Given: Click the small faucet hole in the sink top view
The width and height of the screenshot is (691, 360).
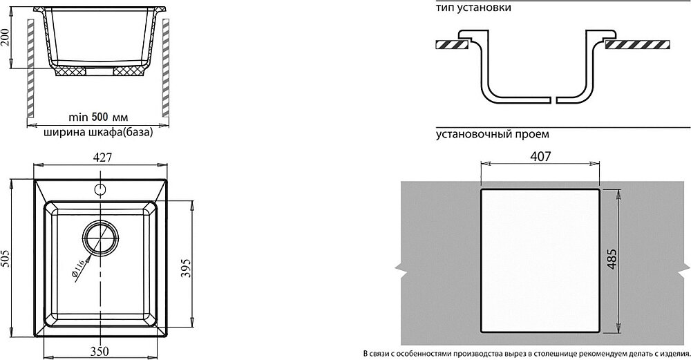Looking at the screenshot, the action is [99, 188].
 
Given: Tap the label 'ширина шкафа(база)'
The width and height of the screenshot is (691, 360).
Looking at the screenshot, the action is [97, 133].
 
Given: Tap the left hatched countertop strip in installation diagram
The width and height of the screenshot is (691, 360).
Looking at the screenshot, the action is [453, 44].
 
